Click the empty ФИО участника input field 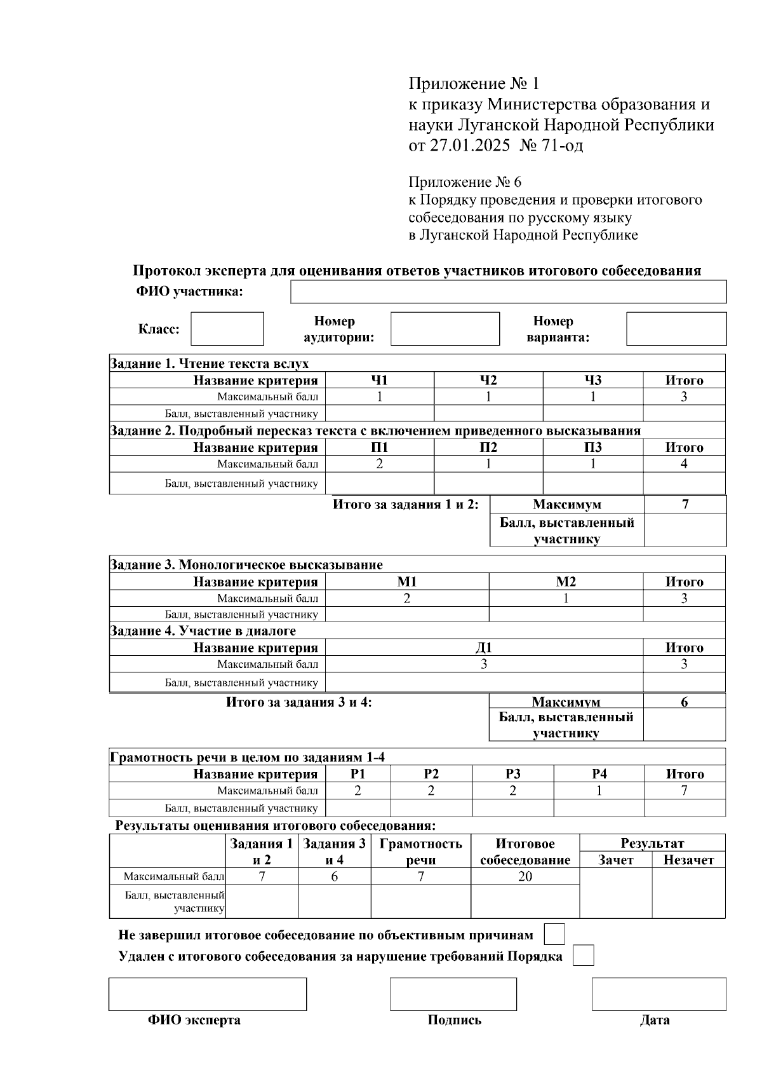[508, 292]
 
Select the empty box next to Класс [227, 329]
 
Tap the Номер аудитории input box [444, 329]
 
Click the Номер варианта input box [676, 329]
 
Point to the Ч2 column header [488, 380]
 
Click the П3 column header [592, 447]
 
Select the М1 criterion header [406, 581]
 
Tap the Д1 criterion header [483, 648]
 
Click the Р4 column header [599, 774]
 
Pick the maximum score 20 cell [525, 876]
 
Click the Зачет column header [615, 860]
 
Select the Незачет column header [688, 860]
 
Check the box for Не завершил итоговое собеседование [554, 935]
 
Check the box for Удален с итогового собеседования [583, 956]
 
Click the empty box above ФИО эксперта [207, 994]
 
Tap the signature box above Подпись [453, 994]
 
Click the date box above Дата [658, 994]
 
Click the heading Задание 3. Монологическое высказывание [246, 564]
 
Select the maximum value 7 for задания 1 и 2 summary [685, 505]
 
